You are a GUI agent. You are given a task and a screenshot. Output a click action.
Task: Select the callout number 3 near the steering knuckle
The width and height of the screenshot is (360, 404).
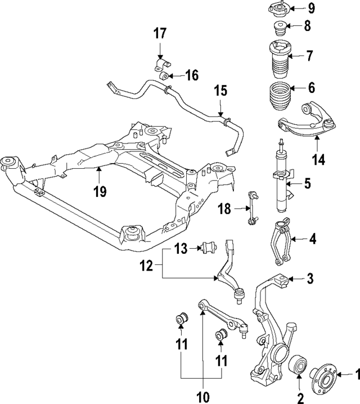coord(310,279)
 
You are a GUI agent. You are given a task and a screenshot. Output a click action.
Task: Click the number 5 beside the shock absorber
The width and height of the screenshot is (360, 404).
coord(308,183)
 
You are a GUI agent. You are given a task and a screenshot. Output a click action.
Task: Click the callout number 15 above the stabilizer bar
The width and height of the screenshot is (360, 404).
coord(220,90)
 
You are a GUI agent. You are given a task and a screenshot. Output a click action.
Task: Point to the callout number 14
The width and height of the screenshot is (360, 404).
coord(319,160)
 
